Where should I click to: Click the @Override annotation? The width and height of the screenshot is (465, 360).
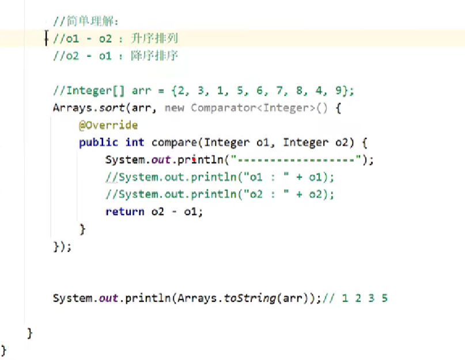click(108, 125)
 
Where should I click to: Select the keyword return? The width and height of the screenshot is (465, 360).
click(124, 211)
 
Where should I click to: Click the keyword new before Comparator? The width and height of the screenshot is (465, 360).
click(175, 108)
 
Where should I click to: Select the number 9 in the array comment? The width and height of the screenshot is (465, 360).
click(345, 90)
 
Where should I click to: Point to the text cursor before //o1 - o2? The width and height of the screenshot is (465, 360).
click(47, 39)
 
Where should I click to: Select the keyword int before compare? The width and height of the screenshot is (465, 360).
click(135, 142)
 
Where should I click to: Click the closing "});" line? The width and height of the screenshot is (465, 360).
click(62, 246)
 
